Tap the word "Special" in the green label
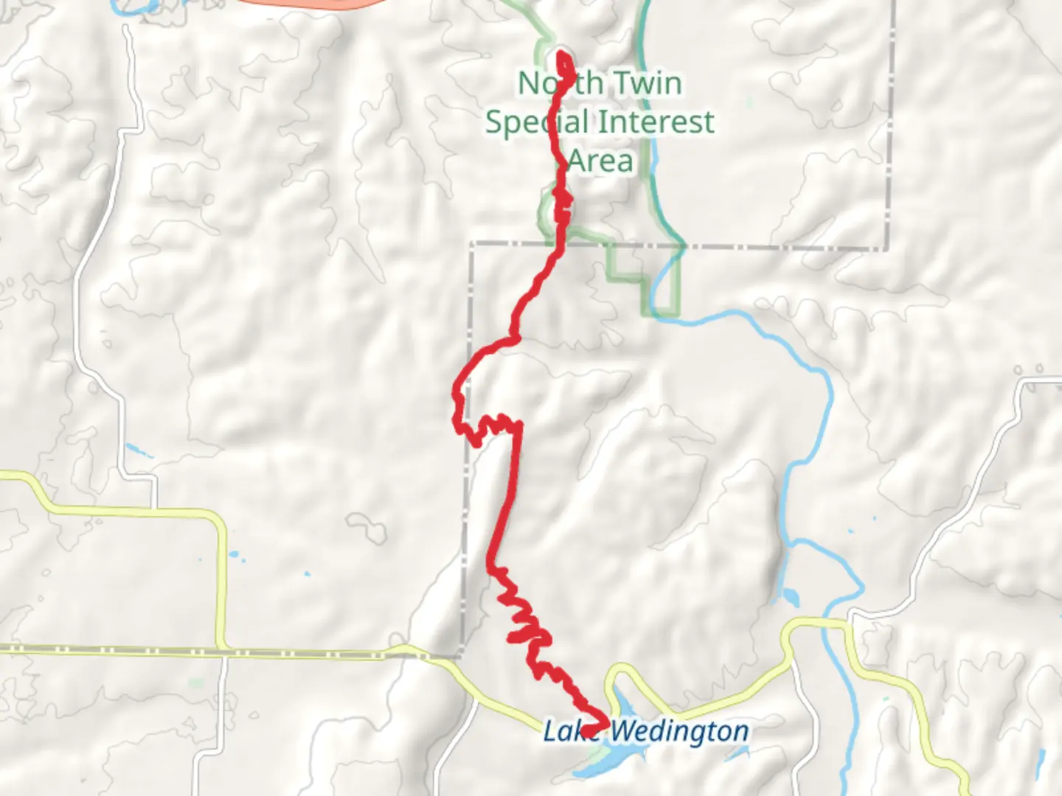point(536,122)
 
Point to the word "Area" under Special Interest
point(600,161)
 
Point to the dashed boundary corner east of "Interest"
point(887,247)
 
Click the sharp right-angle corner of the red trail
point(519,425)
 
